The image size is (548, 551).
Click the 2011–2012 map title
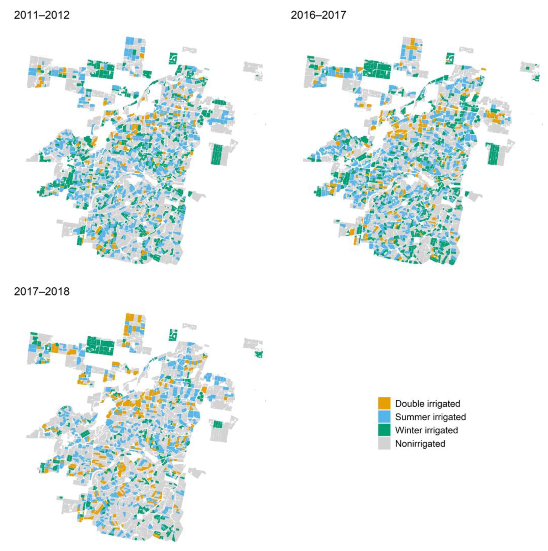pyautogui.click(x=42, y=15)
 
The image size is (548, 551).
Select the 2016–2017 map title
pyautogui.click(x=318, y=15)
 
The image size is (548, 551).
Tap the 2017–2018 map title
pyautogui.click(x=42, y=291)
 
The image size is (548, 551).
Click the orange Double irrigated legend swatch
pyautogui.click(x=384, y=403)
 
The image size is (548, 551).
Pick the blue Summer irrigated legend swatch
pyautogui.click(x=384, y=417)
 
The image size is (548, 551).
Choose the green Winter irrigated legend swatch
pyautogui.click(x=384, y=430)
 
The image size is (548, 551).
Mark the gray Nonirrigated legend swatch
pyautogui.click(x=384, y=444)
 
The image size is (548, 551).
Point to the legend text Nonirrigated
pyautogui.click(x=420, y=444)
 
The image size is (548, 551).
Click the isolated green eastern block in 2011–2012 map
pyautogui.click(x=217, y=154)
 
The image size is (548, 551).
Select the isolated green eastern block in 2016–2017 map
pyautogui.click(x=494, y=154)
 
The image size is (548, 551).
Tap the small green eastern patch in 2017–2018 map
pyautogui.click(x=218, y=424)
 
